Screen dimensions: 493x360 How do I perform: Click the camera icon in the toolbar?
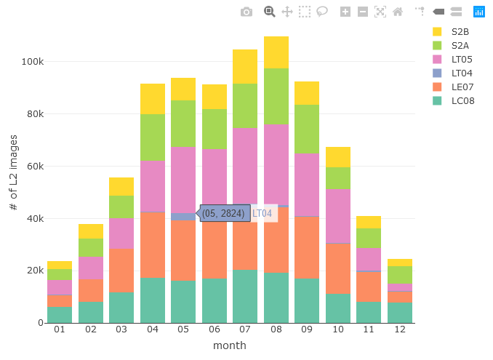pos(246,12)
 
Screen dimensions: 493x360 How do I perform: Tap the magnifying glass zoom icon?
pos(269,12)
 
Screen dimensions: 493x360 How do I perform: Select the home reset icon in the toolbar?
pos(398,12)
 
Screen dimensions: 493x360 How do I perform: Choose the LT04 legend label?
pos(462,73)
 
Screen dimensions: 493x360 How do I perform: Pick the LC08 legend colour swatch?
pos(437,101)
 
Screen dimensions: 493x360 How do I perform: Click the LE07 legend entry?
pos(454,87)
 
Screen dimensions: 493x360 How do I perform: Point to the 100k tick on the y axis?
pos(33,62)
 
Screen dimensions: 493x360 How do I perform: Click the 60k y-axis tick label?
pos(35,167)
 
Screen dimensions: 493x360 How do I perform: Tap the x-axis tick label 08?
pos(276,329)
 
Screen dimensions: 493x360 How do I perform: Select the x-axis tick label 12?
pos(400,329)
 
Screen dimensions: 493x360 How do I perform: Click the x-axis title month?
pos(230,345)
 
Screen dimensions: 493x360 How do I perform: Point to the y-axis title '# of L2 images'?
pos(13,172)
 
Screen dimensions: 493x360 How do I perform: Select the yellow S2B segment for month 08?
pos(276,52)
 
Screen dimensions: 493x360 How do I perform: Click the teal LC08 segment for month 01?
pos(60,315)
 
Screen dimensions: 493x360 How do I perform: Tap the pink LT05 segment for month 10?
pos(338,216)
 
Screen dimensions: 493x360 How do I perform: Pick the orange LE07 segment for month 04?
pos(153,245)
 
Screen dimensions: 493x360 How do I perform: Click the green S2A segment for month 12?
pos(400,275)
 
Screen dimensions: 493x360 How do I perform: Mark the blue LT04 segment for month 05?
pos(183,217)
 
